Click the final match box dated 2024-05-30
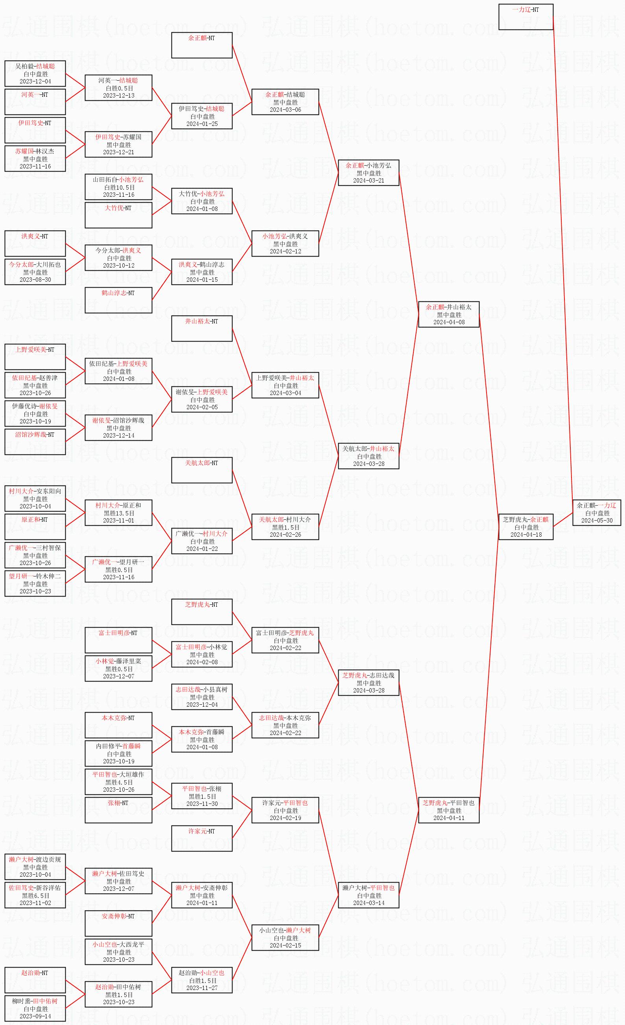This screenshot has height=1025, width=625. [x=596, y=512]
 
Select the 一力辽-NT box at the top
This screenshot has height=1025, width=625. [x=525, y=17]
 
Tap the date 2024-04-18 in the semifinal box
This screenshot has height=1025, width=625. [x=526, y=535]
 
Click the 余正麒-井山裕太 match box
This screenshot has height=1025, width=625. [x=449, y=314]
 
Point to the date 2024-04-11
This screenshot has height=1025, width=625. [x=449, y=818]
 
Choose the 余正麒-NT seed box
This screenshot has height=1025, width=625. [x=202, y=45]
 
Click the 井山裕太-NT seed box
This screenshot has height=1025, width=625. [x=202, y=329]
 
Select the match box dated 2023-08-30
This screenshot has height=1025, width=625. [x=35, y=272]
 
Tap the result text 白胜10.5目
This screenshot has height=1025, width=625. [x=119, y=187]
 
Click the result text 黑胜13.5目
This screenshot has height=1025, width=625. [x=119, y=513]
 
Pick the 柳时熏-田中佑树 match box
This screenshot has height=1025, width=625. [x=35, y=1008]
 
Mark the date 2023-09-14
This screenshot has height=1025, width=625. [x=35, y=1016]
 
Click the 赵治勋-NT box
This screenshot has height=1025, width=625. [x=35, y=980]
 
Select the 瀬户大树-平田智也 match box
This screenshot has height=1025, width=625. [x=369, y=895]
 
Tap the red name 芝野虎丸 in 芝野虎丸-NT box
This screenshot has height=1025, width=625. [x=197, y=604]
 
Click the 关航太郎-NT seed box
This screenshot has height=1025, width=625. [x=202, y=470]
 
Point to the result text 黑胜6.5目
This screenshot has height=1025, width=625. [x=36, y=896]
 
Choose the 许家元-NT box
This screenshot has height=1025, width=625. [x=202, y=838]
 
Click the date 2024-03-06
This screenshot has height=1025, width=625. [x=285, y=110]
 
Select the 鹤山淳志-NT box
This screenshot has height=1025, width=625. [x=118, y=300]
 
